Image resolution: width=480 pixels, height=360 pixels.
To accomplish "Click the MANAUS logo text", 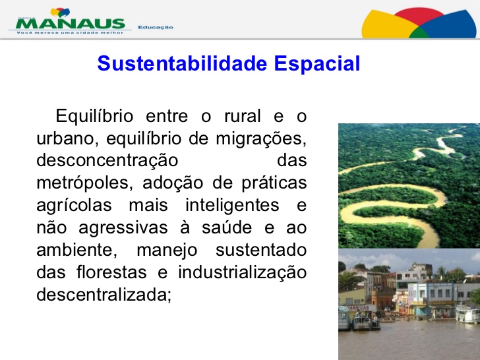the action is [x=71, y=24].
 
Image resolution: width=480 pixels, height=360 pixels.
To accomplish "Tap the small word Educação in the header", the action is [x=156, y=28].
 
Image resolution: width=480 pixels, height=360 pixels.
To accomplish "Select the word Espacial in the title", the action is [x=317, y=64].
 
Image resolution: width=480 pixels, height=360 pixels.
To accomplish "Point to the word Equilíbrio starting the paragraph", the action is [x=94, y=116].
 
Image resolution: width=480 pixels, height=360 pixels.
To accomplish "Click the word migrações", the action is [x=261, y=138].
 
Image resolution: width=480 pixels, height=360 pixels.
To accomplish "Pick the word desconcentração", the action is [x=107, y=161].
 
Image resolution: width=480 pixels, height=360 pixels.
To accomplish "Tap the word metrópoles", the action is [x=84, y=183].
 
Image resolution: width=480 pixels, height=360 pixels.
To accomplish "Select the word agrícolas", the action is [x=74, y=206].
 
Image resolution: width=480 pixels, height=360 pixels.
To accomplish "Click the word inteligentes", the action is [x=232, y=206].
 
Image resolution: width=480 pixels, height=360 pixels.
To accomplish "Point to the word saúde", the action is [x=227, y=227].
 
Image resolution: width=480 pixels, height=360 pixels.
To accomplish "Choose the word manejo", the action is [x=167, y=251].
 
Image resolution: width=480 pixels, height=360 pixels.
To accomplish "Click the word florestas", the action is [x=111, y=272].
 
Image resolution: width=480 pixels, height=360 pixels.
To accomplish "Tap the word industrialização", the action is [x=243, y=273].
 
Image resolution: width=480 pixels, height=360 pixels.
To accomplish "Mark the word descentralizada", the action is [x=104, y=295].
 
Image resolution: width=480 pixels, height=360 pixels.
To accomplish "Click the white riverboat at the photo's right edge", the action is [x=467, y=314].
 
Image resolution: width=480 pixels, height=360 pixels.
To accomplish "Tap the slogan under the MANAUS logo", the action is [x=70, y=32].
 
